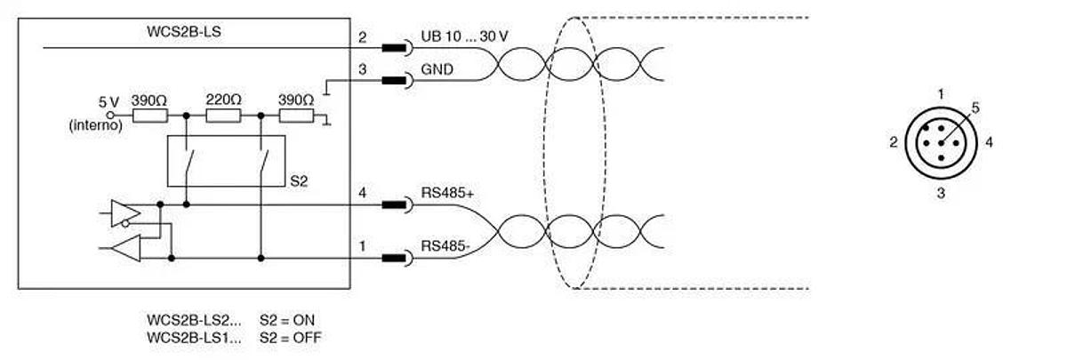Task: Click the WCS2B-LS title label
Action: (x=184, y=32)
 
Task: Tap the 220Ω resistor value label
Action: (x=223, y=100)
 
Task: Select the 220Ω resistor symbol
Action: (x=223, y=116)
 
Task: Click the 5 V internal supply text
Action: (x=108, y=102)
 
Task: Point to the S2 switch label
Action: (x=299, y=181)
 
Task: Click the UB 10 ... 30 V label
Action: (x=464, y=36)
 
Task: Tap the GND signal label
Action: (x=437, y=69)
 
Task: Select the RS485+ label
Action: (x=447, y=193)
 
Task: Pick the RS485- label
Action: (x=445, y=246)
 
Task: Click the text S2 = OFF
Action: (x=291, y=338)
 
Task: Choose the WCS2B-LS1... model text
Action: (x=194, y=338)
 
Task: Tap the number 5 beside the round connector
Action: (x=975, y=108)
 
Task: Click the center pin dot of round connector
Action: (x=941, y=143)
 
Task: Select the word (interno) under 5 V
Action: (x=96, y=125)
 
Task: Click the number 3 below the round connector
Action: (x=941, y=193)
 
